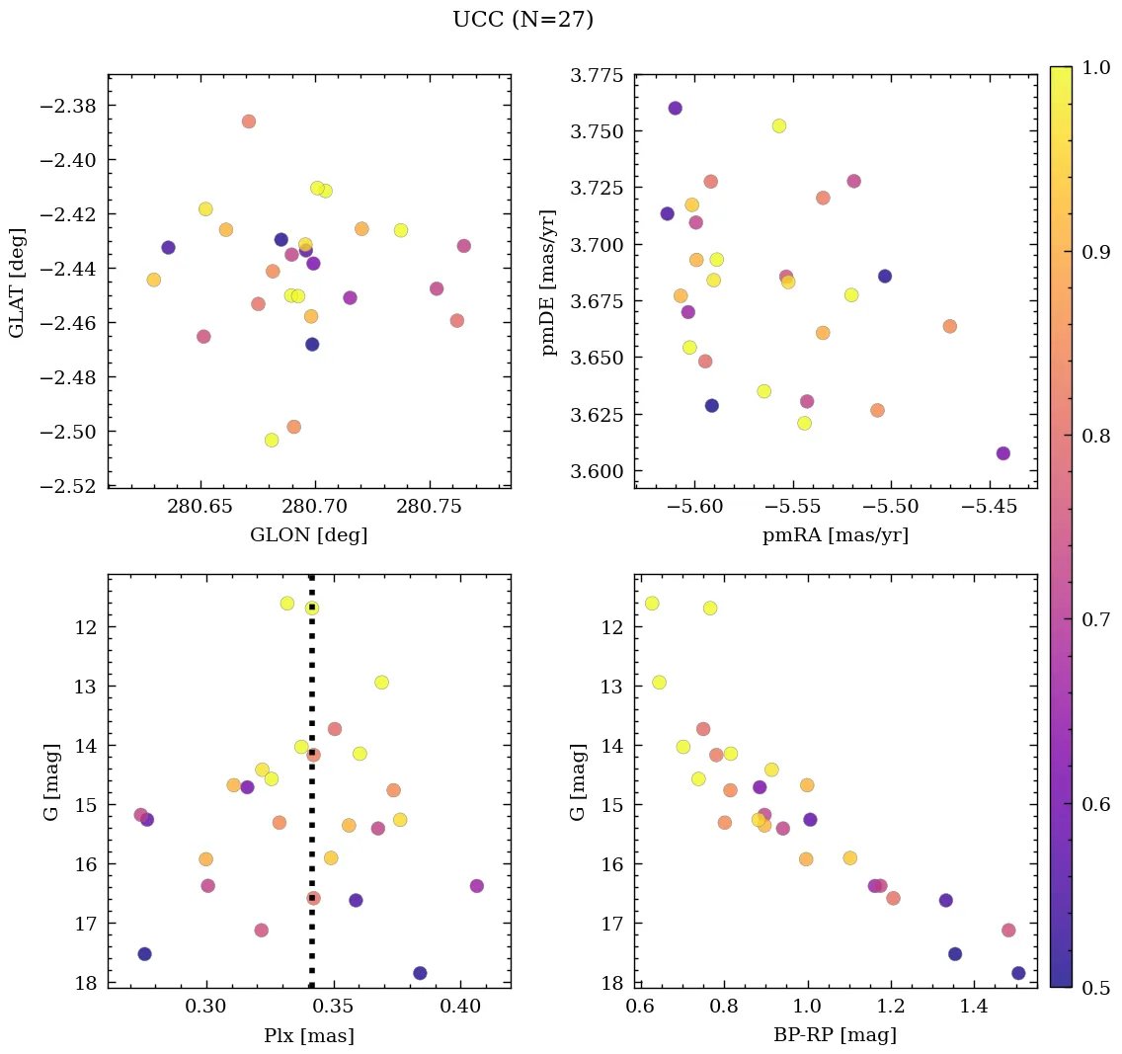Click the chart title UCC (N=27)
click(x=522, y=20)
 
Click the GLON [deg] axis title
click(x=308, y=535)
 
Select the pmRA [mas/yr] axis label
click(x=835, y=535)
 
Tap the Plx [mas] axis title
click(x=308, y=1035)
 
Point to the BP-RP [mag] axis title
click(x=835, y=1035)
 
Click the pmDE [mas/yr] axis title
click(x=549, y=282)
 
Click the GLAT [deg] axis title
click(x=17, y=282)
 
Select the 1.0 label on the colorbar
click(x=1094, y=66)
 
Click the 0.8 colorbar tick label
click(x=1094, y=435)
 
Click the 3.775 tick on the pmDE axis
click(x=597, y=76)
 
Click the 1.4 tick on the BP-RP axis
click(x=974, y=1008)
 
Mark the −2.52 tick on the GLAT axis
click(x=69, y=486)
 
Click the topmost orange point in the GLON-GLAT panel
click(x=248, y=122)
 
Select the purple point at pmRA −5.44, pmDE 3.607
click(x=1002, y=453)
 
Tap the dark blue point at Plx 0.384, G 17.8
click(x=420, y=973)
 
